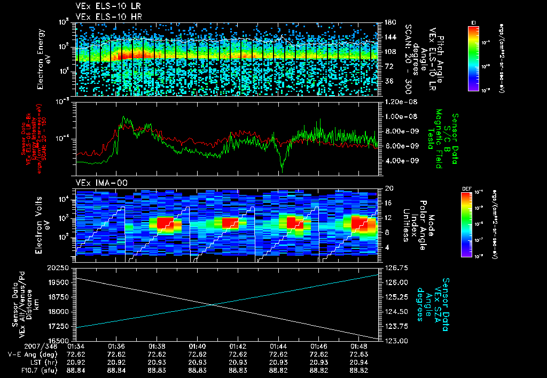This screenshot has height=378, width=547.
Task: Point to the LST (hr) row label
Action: point(41,362)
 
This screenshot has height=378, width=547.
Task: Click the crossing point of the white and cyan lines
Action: point(213,305)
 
